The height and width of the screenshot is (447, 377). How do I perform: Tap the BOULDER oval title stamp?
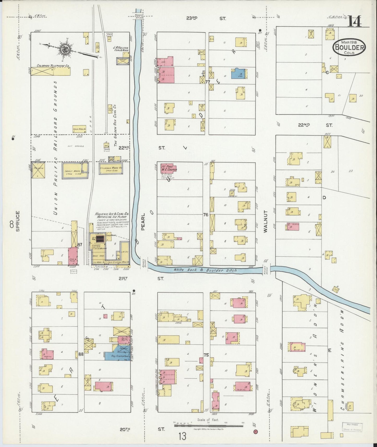(x=349, y=47)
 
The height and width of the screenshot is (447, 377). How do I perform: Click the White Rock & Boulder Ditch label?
(x=205, y=270)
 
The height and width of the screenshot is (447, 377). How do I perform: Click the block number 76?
(x=206, y=215)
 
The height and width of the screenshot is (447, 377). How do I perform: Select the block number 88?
(x=81, y=354)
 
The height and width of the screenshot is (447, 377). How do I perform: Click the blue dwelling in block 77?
(x=239, y=73)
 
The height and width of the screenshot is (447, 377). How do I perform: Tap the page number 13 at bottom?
(x=182, y=436)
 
